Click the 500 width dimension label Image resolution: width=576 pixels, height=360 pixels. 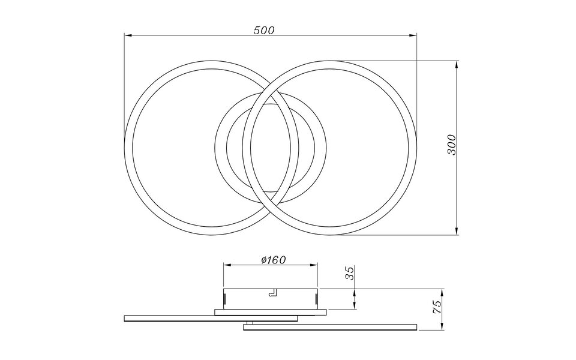263,30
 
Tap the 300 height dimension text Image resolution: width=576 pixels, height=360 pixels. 452,145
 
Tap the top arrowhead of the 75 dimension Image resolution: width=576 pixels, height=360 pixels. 442,292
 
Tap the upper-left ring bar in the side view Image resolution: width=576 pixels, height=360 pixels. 210,317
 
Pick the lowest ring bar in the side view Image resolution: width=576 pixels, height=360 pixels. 329,328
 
